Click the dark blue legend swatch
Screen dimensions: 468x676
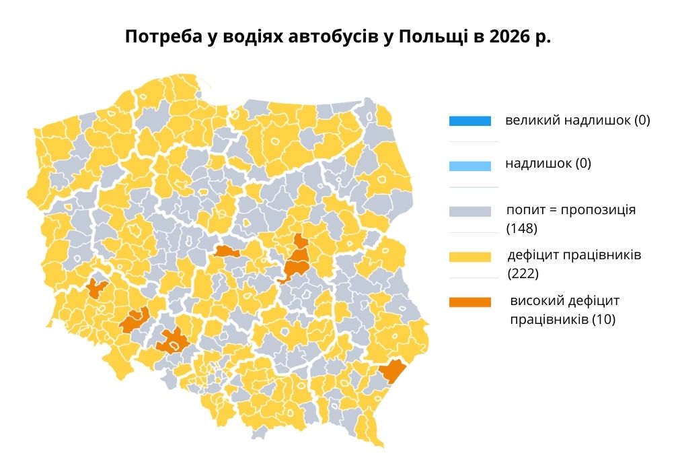(470, 121)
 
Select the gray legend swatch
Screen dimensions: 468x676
(470, 211)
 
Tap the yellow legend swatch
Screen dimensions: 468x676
(470, 257)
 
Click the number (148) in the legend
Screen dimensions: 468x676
(521, 228)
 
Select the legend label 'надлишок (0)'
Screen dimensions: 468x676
(548, 164)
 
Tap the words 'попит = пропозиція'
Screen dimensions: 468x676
(571, 209)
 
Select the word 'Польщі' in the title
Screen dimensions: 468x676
(426, 36)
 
